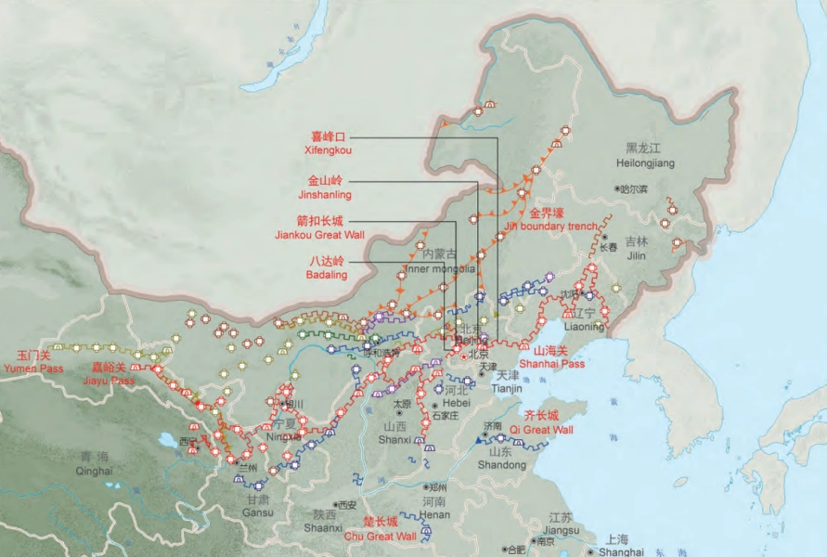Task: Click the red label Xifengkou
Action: (328, 149)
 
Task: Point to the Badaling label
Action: (326, 275)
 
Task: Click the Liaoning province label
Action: (584, 327)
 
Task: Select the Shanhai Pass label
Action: (559, 364)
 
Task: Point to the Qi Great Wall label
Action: (549, 430)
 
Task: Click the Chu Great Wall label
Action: (381, 536)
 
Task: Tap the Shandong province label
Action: (501, 464)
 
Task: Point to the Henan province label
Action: (434, 514)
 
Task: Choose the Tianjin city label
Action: (502, 388)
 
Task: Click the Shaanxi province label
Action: (325, 527)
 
